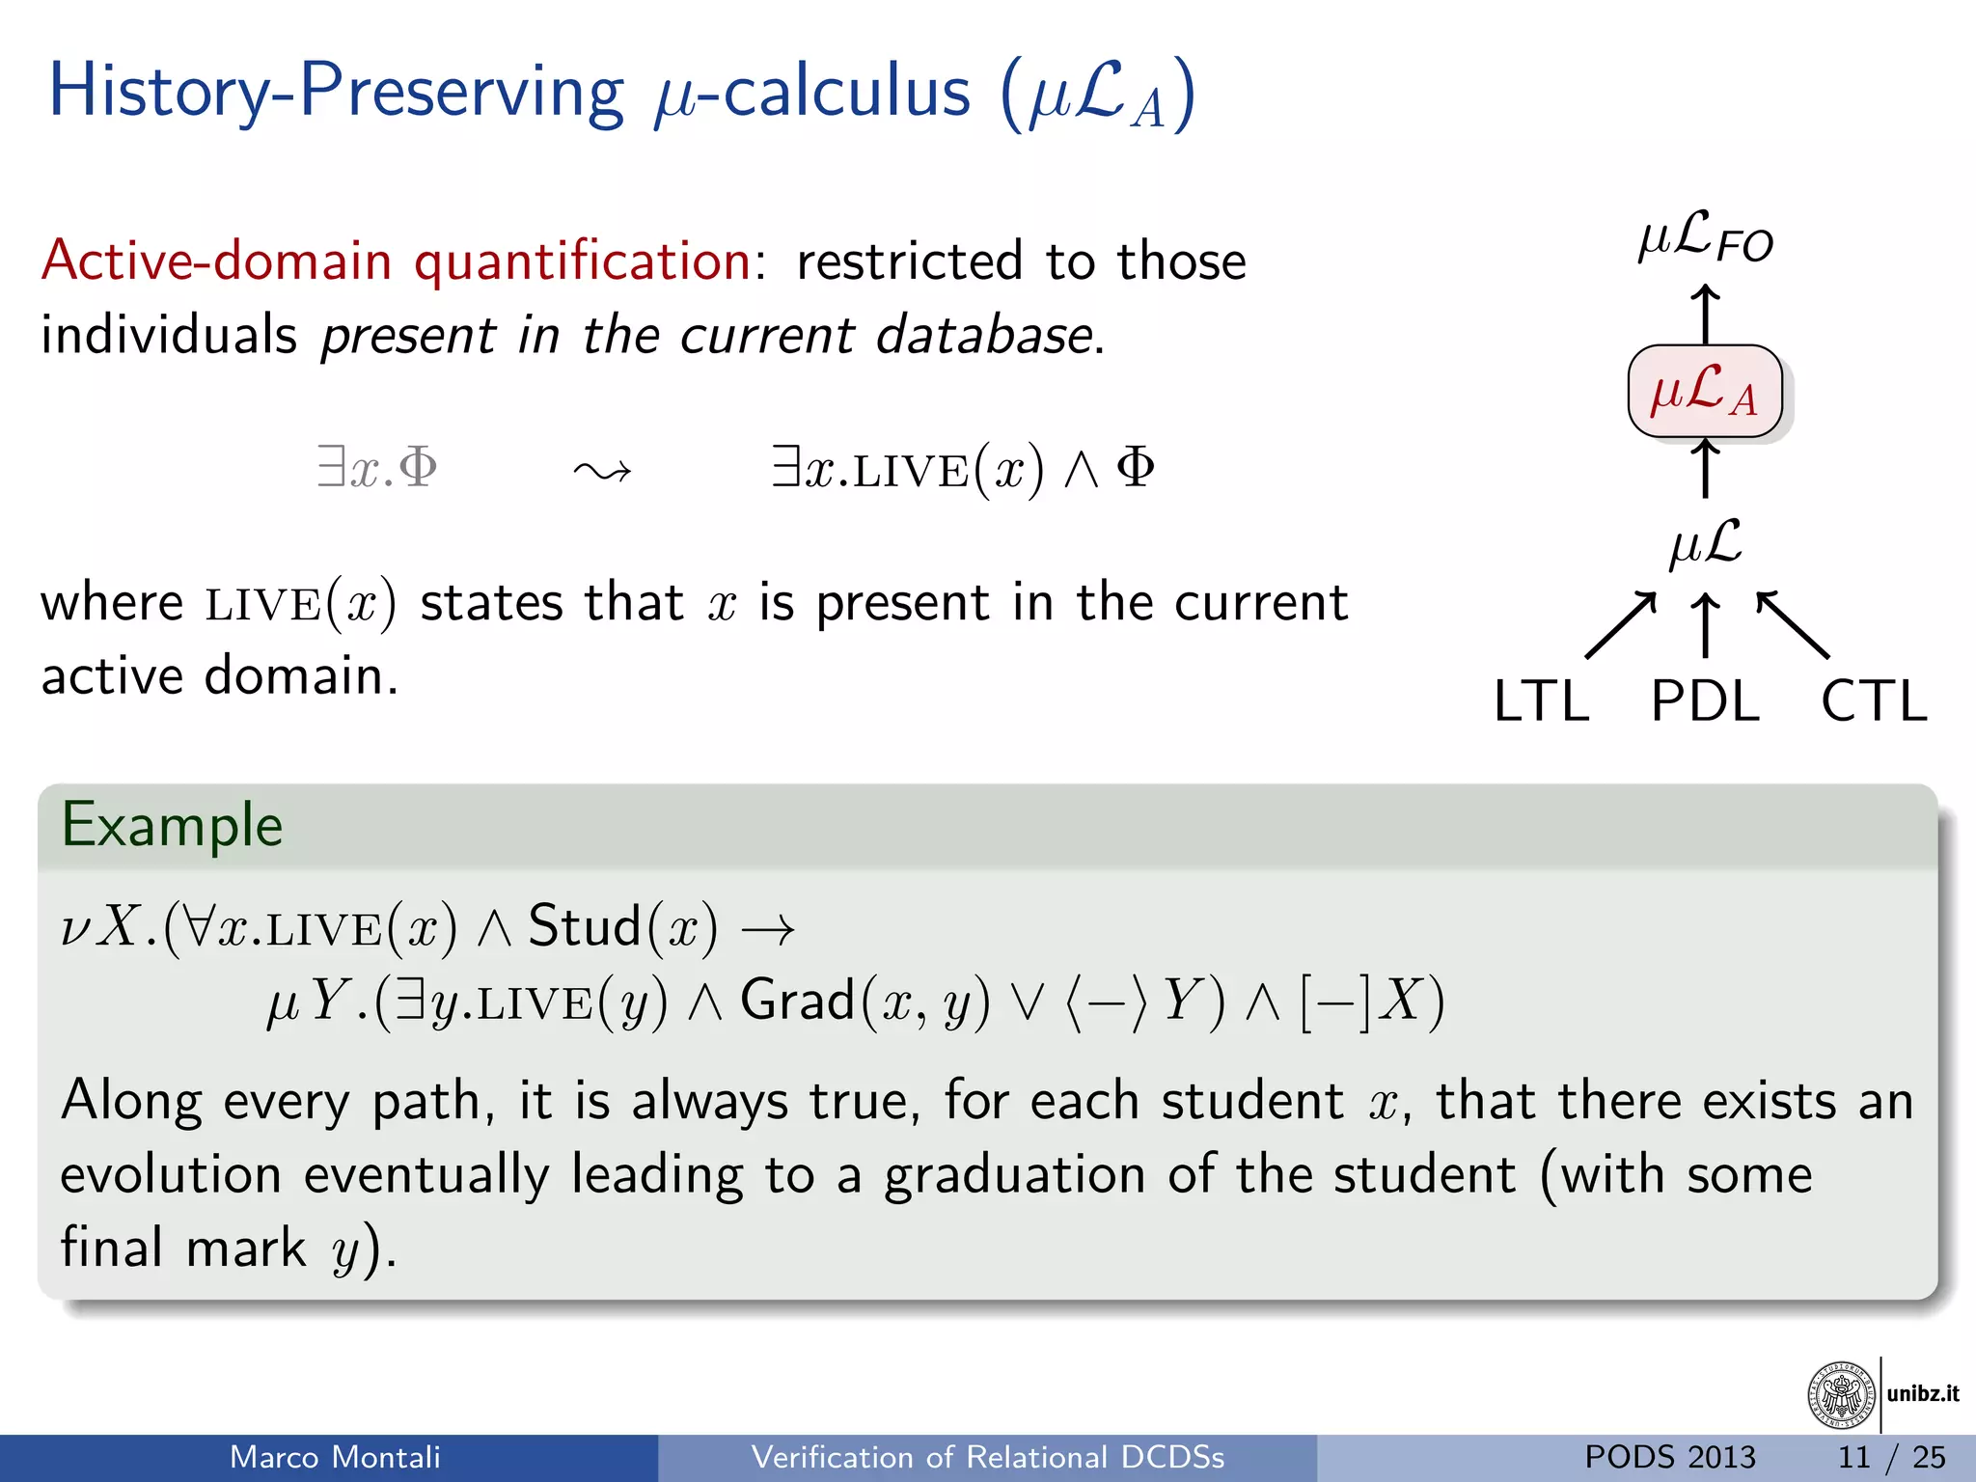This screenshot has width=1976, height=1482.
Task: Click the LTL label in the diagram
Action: [x=1541, y=701]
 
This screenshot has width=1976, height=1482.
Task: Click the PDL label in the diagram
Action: [x=1705, y=701]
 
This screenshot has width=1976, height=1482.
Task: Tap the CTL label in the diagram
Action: [x=1873, y=701]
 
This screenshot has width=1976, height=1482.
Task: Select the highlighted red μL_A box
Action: [x=1705, y=391]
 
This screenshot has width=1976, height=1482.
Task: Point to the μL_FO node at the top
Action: [x=1705, y=237]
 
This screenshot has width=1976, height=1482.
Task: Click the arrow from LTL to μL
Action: [x=1621, y=625]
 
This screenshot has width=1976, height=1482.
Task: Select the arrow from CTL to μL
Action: [x=1793, y=625]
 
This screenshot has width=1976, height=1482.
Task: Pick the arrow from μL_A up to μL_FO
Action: [x=1705, y=314]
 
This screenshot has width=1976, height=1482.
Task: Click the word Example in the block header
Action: [x=172, y=826]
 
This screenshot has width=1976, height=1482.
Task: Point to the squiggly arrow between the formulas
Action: [x=602, y=471]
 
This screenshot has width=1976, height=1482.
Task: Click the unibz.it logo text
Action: [x=1923, y=1393]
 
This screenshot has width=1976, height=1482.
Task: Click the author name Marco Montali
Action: [x=335, y=1457]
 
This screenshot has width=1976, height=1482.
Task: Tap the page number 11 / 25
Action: [x=1891, y=1457]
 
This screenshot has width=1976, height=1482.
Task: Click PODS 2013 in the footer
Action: [x=1670, y=1457]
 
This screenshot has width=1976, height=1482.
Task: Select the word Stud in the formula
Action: [x=585, y=926]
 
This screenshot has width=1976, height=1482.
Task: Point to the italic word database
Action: [x=984, y=336]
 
